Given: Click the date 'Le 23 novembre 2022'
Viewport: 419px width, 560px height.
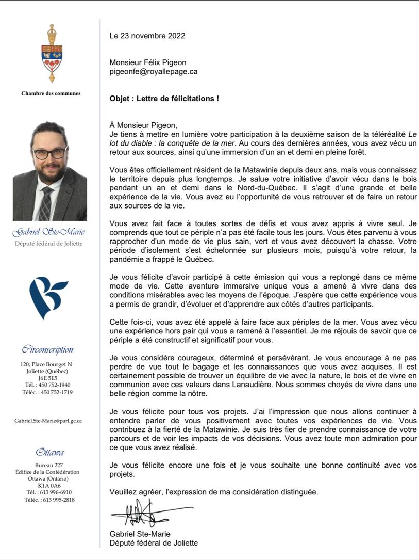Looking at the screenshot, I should tap(147, 36).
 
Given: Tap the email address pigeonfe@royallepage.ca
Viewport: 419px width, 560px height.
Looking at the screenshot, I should tap(153, 72).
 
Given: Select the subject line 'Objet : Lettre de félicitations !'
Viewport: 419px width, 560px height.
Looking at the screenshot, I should tap(164, 98).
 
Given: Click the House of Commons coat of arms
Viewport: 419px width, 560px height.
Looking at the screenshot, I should tap(52, 54).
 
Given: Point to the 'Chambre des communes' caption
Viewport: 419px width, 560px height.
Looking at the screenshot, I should tap(51, 93).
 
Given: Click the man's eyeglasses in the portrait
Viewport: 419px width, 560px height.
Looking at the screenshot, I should tap(49, 153).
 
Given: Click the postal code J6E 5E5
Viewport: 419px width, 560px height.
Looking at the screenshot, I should tap(49, 378).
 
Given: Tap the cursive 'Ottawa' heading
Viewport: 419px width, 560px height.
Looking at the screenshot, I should tap(50, 453).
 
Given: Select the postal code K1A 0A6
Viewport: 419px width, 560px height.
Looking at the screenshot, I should tap(49, 486).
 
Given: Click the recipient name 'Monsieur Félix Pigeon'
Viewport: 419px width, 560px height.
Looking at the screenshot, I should tap(148, 62).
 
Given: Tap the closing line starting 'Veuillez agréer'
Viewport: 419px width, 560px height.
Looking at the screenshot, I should tap(214, 492).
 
